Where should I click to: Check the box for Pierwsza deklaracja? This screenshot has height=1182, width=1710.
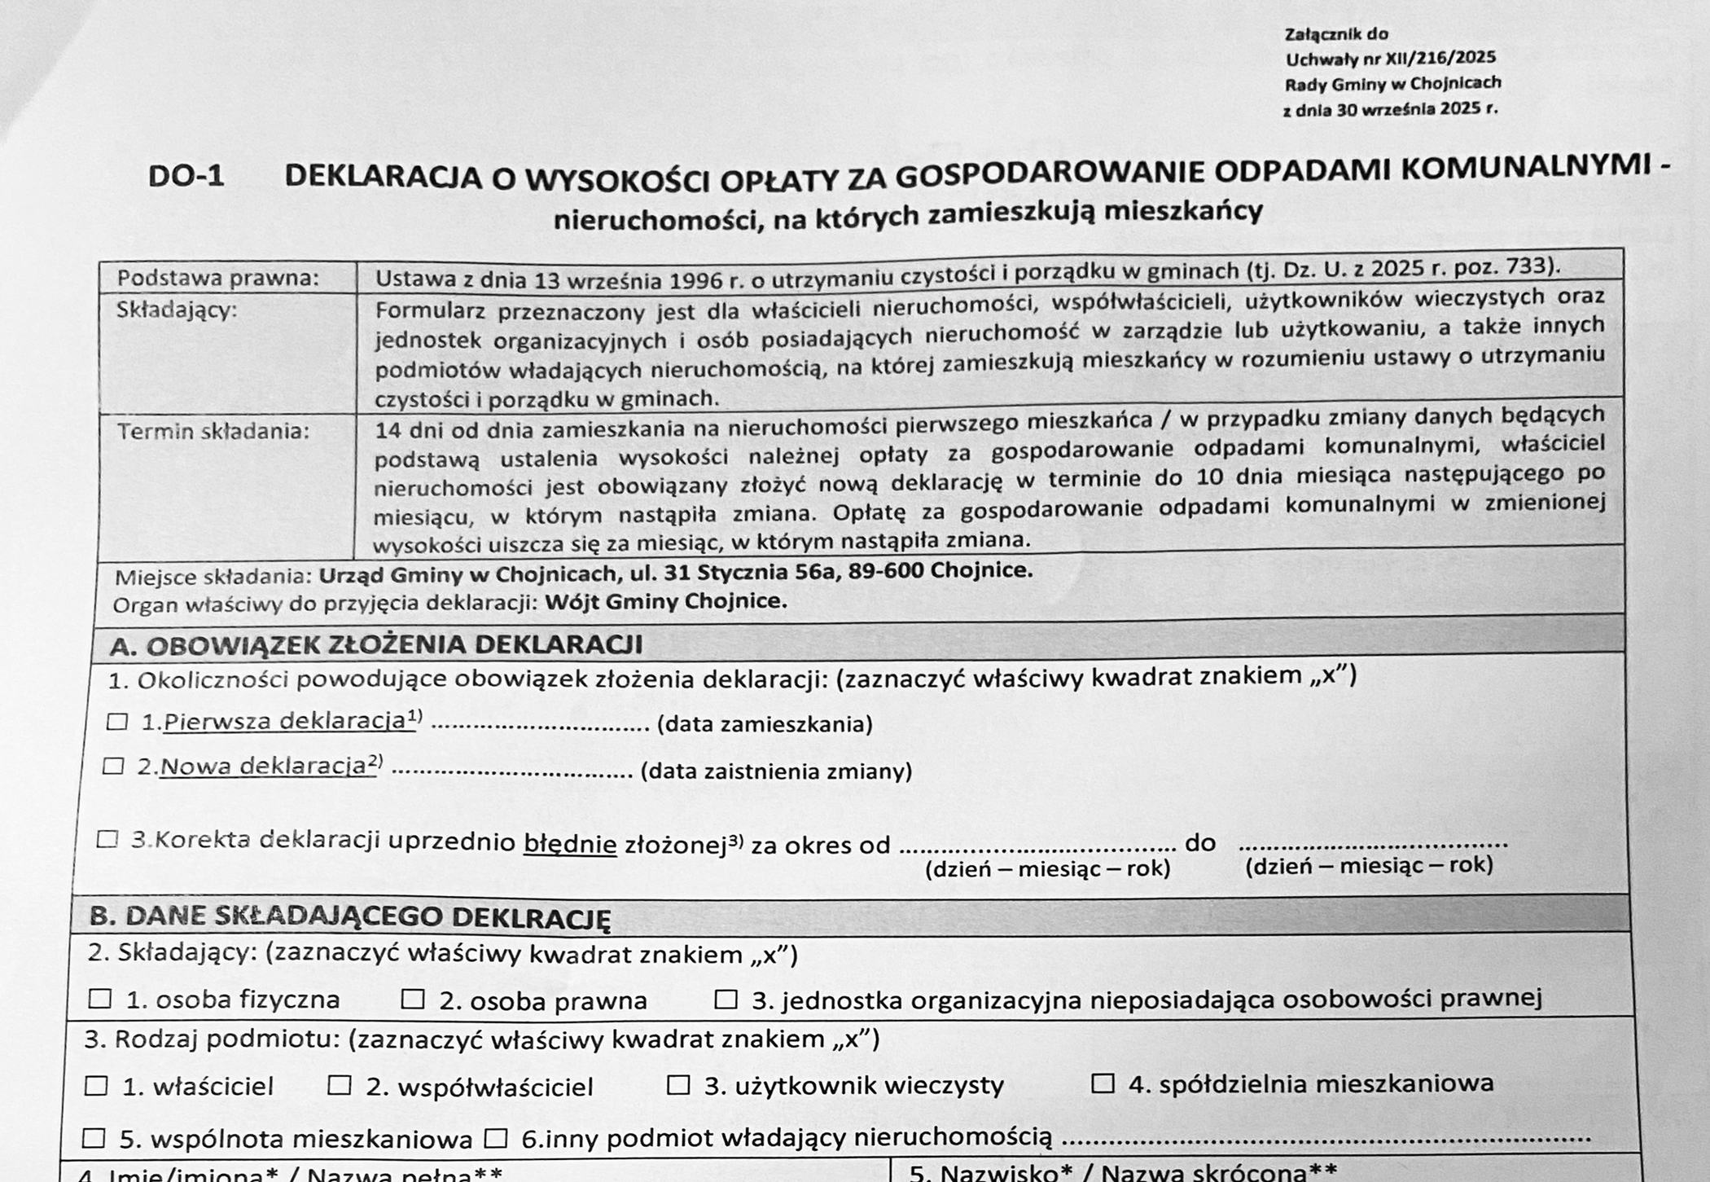[x=117, y=722]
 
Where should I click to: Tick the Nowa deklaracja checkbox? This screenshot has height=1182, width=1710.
[x=113, y=767]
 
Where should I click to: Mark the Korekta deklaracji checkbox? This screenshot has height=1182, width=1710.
[x=107, y=839]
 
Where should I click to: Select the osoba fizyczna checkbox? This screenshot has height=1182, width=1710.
[x=100, y=999]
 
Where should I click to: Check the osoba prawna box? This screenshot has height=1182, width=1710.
[x=413, y=999]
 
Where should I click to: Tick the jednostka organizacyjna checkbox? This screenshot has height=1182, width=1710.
[x=726, y=999]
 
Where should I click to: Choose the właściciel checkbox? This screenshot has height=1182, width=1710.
[x=96, y=1086]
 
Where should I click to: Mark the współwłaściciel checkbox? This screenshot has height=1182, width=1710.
[x=339, y=1085]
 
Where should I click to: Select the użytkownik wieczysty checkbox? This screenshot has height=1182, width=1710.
[x=678, y=1084]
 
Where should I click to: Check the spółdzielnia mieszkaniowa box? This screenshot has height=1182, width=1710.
[x=1103, y=1083]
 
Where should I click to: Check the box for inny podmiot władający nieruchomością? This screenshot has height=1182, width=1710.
[x=496, y=1138]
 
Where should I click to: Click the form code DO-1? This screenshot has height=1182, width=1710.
[x=186, y=176]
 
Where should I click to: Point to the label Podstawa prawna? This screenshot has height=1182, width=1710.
[x=217, y=278]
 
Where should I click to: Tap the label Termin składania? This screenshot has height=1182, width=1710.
[x=213, y=431]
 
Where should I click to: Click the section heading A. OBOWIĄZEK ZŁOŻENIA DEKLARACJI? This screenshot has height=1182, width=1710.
[x=375, y=645]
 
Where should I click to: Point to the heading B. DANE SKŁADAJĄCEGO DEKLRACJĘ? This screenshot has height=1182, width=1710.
[x=349, y=916]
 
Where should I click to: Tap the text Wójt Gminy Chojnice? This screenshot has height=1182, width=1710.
[x=665, y=602]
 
